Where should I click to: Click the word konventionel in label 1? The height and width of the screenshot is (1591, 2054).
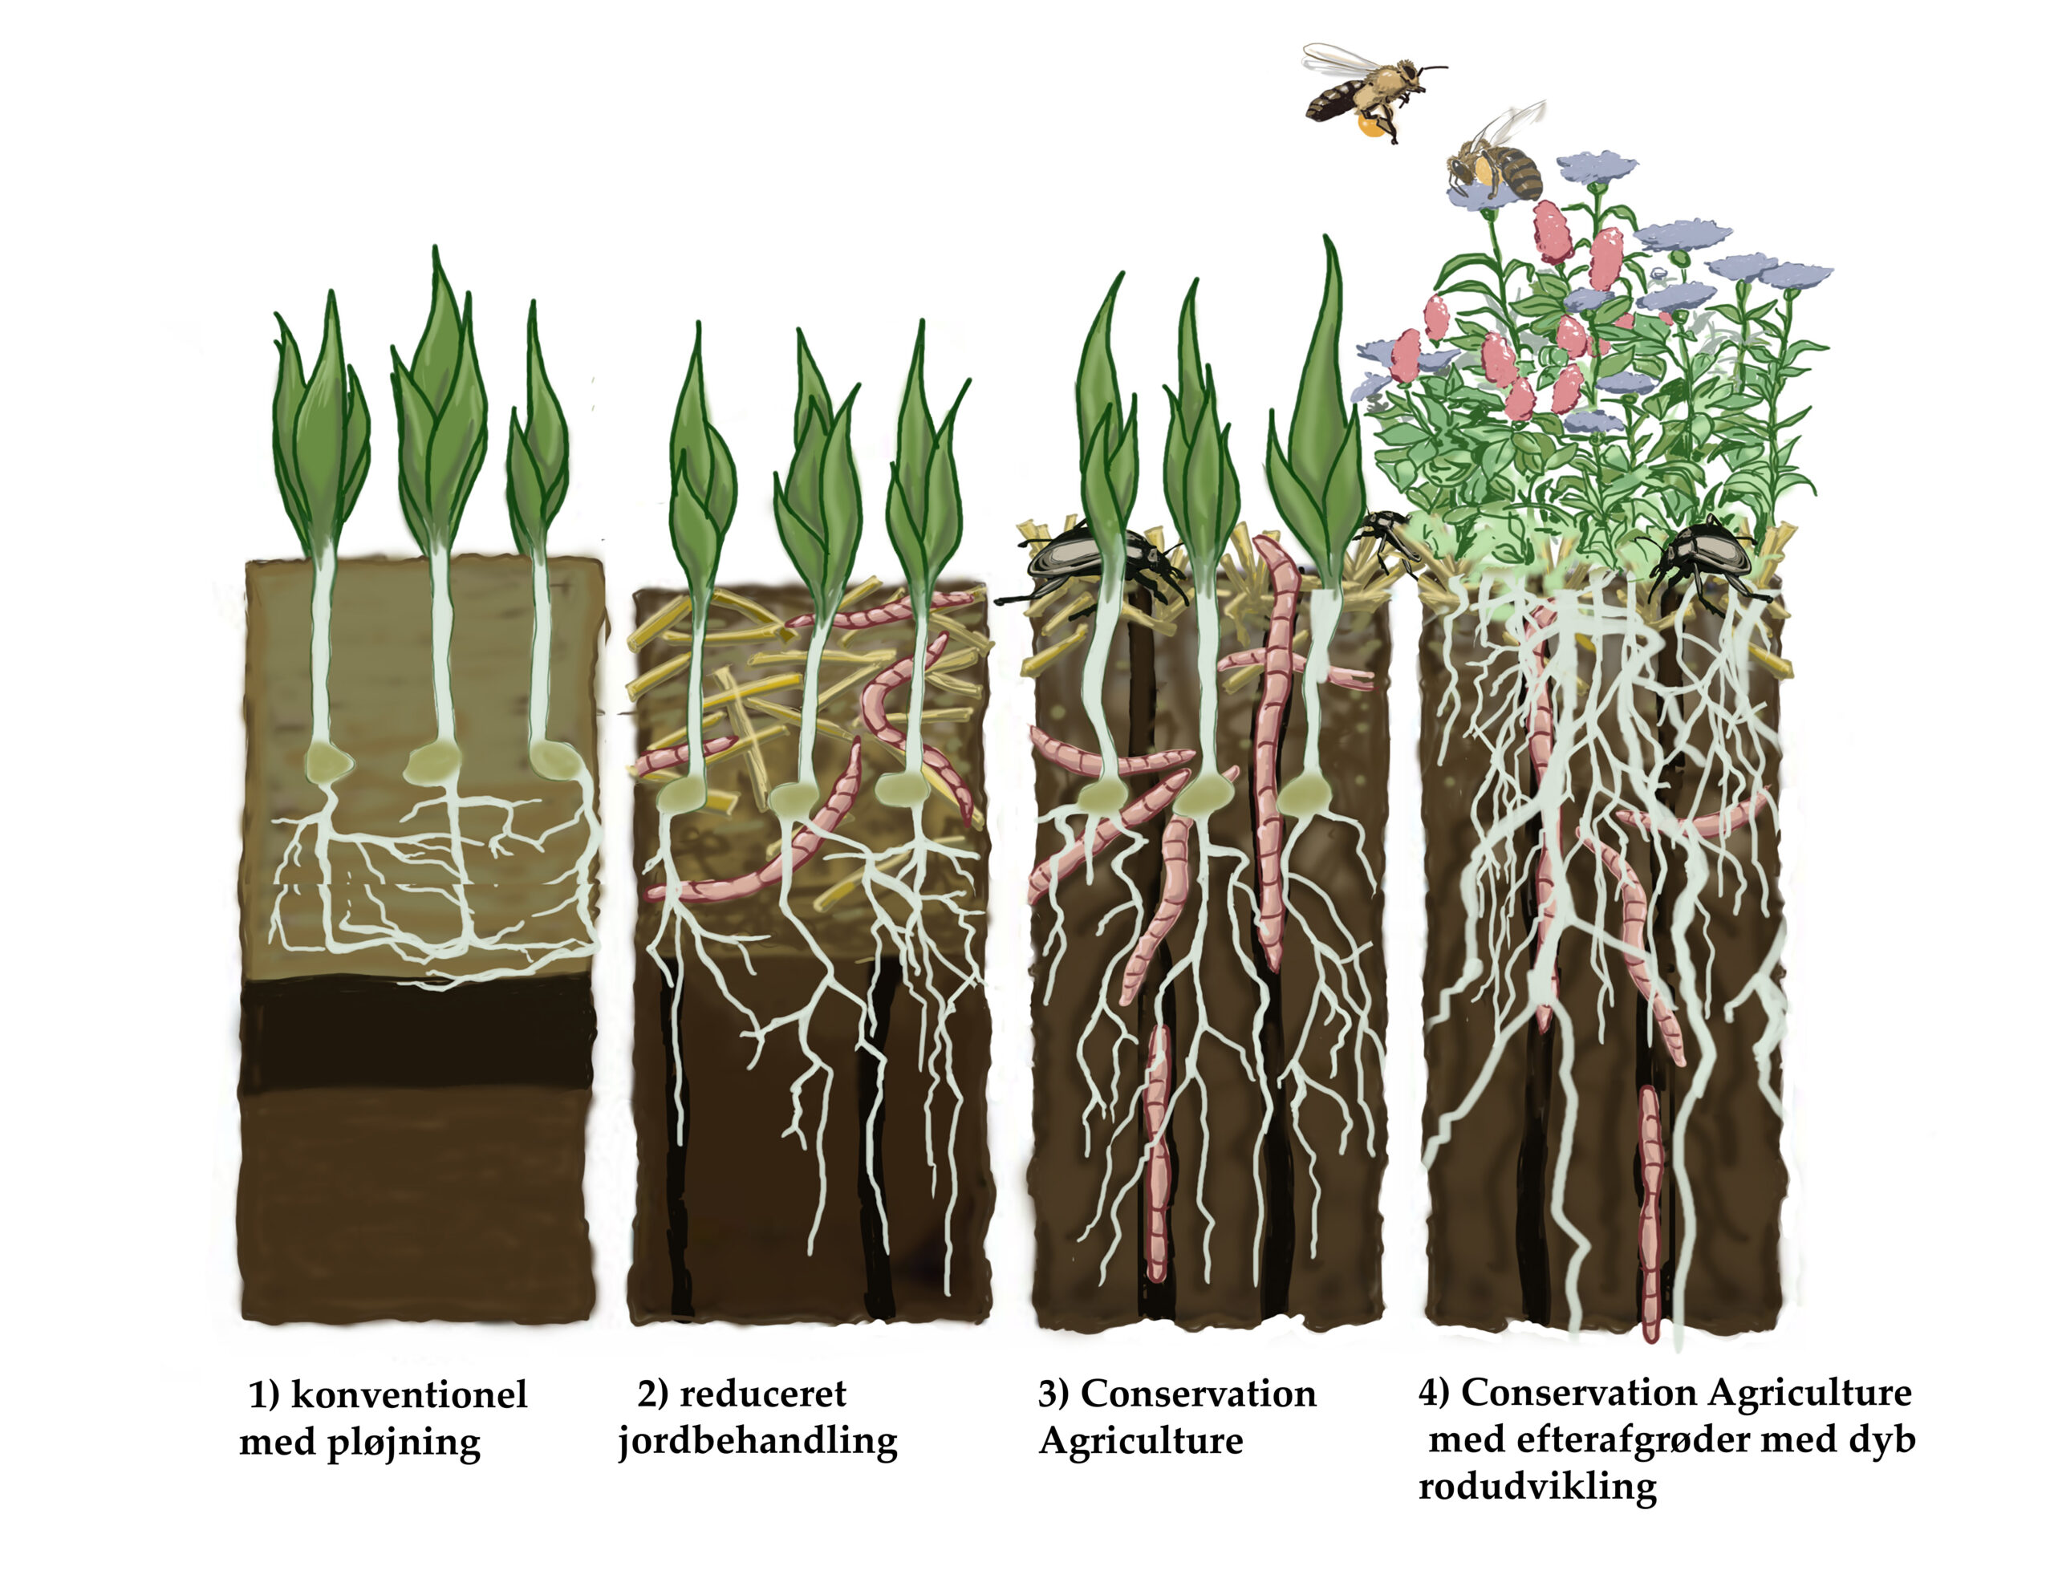(x=409, y=1395)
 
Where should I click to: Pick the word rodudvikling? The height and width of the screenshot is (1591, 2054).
(x=1537, y=1487)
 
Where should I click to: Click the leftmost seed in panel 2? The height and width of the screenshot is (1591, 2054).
(x=681, y=796)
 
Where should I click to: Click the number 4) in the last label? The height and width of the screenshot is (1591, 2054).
(x=1435, y=1393)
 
